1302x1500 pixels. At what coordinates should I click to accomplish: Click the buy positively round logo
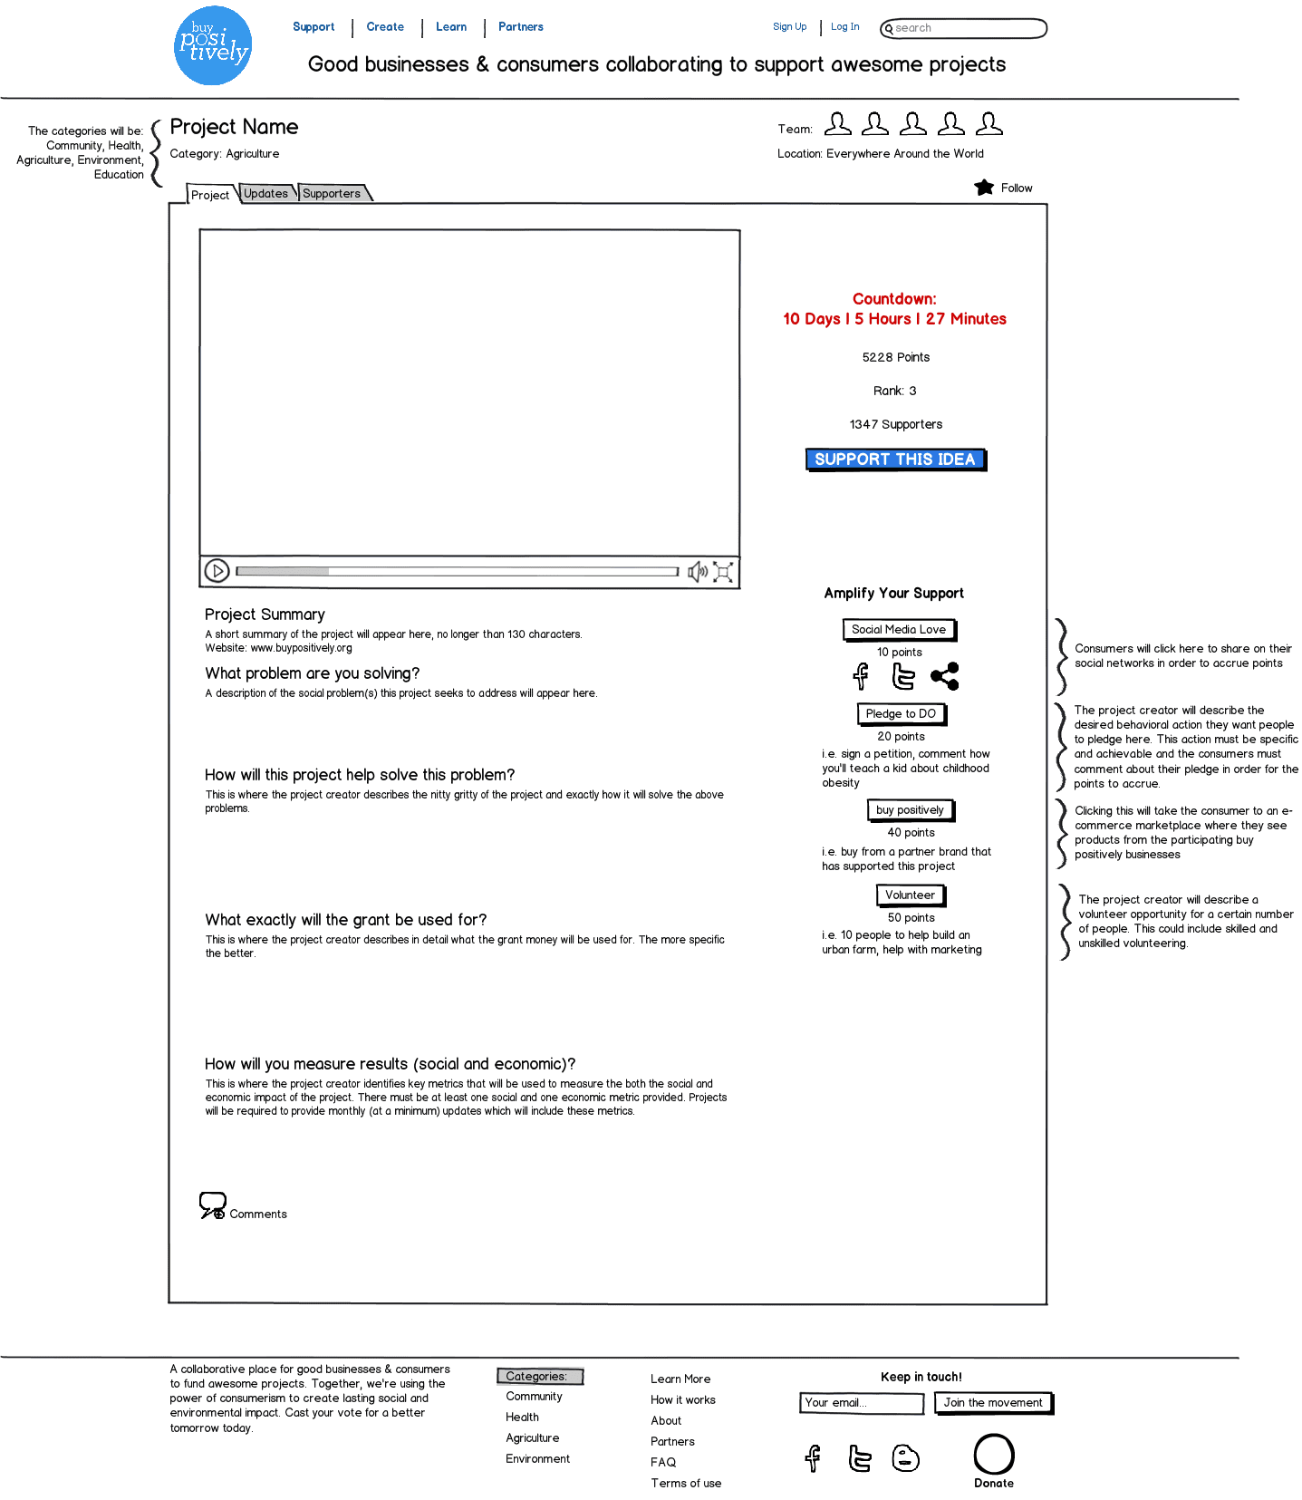pos(213,46)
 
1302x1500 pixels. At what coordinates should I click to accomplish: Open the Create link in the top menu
pos(385,27)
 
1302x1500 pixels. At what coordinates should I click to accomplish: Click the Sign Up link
pos(789,27)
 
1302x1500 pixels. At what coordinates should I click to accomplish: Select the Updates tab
pos(266,193)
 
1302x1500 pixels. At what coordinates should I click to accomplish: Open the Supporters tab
pos(332,193)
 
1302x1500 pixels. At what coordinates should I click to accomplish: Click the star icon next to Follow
pos(984,188)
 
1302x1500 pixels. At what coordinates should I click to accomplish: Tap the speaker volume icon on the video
pos(697,571)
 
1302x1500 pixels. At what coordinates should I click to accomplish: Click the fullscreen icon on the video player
pos(723,571)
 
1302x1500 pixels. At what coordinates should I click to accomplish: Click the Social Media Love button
pos(899,629)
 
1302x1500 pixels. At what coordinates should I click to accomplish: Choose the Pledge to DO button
pos(901,713)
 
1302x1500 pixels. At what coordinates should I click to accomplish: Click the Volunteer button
pos(910,895)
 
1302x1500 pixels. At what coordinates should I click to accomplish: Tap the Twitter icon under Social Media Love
pos(902,676)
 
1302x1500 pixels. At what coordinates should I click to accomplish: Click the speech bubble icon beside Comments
pos(213,1205)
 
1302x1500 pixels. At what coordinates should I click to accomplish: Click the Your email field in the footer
pos(861,1403)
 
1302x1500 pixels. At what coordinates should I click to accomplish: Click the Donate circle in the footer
pos(994,1454)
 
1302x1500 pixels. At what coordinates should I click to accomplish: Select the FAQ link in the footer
pos(663,1462)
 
